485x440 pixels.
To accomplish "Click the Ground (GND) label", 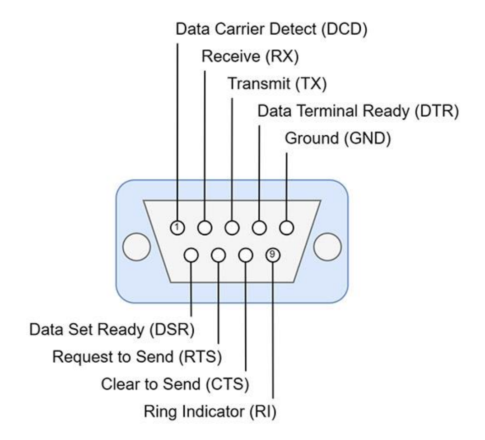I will pyautogui.click(x=337, y=137).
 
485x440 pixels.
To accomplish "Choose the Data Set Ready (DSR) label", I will pyautogui.click(x=112, y=329).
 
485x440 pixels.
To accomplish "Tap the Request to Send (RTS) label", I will pyautogui.click(x=137, y=356).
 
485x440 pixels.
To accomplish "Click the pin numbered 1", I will pyautogui.click(x=178, y=227).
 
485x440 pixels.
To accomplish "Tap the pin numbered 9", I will pyautogui.click(x=272, y=255).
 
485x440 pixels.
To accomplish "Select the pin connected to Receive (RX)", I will pyautogui.click(x=205, y=227).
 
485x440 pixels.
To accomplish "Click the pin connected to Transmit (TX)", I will pyautogui.click(x=232, y=227).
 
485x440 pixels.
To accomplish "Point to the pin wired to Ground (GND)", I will pyautogui.click(x=286, y=227).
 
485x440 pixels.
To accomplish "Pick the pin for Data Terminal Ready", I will pyautogui.click(x=259, y=227).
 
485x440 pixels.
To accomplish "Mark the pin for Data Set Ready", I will pyautogui.click(x=191, y=255).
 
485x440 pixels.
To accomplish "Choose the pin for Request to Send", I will pyautogui.click(x=219, y=255).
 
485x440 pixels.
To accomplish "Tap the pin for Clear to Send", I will pyautogui.click(x=245, y=255).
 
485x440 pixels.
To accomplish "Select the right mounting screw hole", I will pyautogui.click(x=328, y=248).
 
